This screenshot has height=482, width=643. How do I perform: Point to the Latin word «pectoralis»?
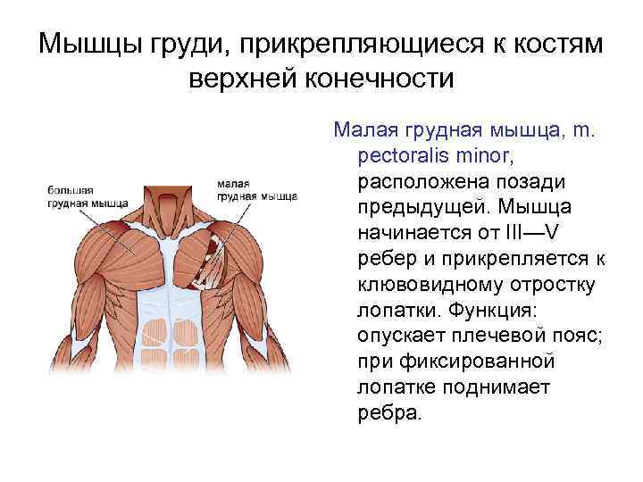point(403,156)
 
